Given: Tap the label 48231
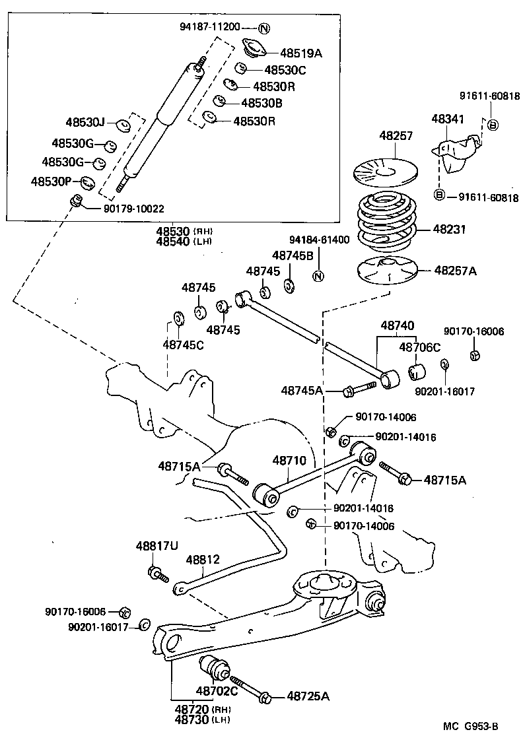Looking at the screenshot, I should pos(449,230).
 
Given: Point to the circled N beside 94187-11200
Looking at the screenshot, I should pos(264,28).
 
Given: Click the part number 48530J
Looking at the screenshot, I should pos(85,122).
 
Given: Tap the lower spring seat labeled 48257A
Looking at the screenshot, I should pos(385,271).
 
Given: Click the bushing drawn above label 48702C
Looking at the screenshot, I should pos(215,669).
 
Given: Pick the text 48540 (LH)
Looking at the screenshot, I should pos(182,241).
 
